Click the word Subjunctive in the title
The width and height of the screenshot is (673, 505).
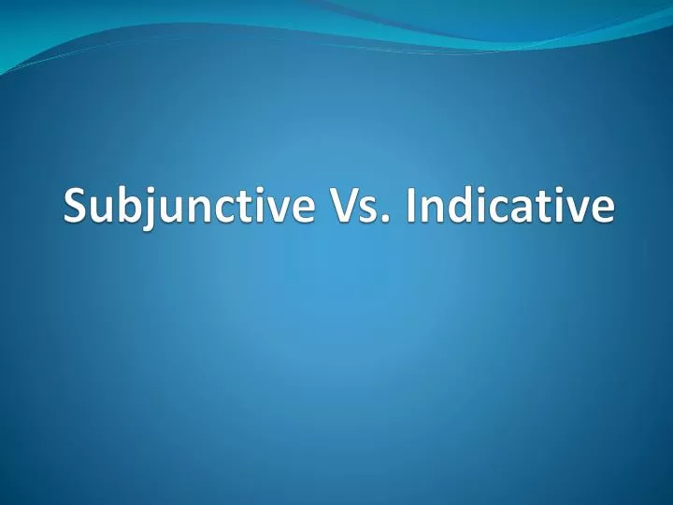tap(188, 207)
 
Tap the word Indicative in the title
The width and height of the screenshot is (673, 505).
tap(510, 207)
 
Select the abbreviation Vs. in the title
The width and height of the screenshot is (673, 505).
tap(356, 207)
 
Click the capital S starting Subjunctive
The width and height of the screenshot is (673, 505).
tap(76, 207)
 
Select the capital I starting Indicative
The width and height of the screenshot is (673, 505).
tap(412, 207)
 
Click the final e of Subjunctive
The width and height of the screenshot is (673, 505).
tap(298, 209)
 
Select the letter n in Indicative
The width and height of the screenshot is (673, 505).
tap(434, 209)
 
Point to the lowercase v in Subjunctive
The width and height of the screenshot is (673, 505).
tap(275, 209)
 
